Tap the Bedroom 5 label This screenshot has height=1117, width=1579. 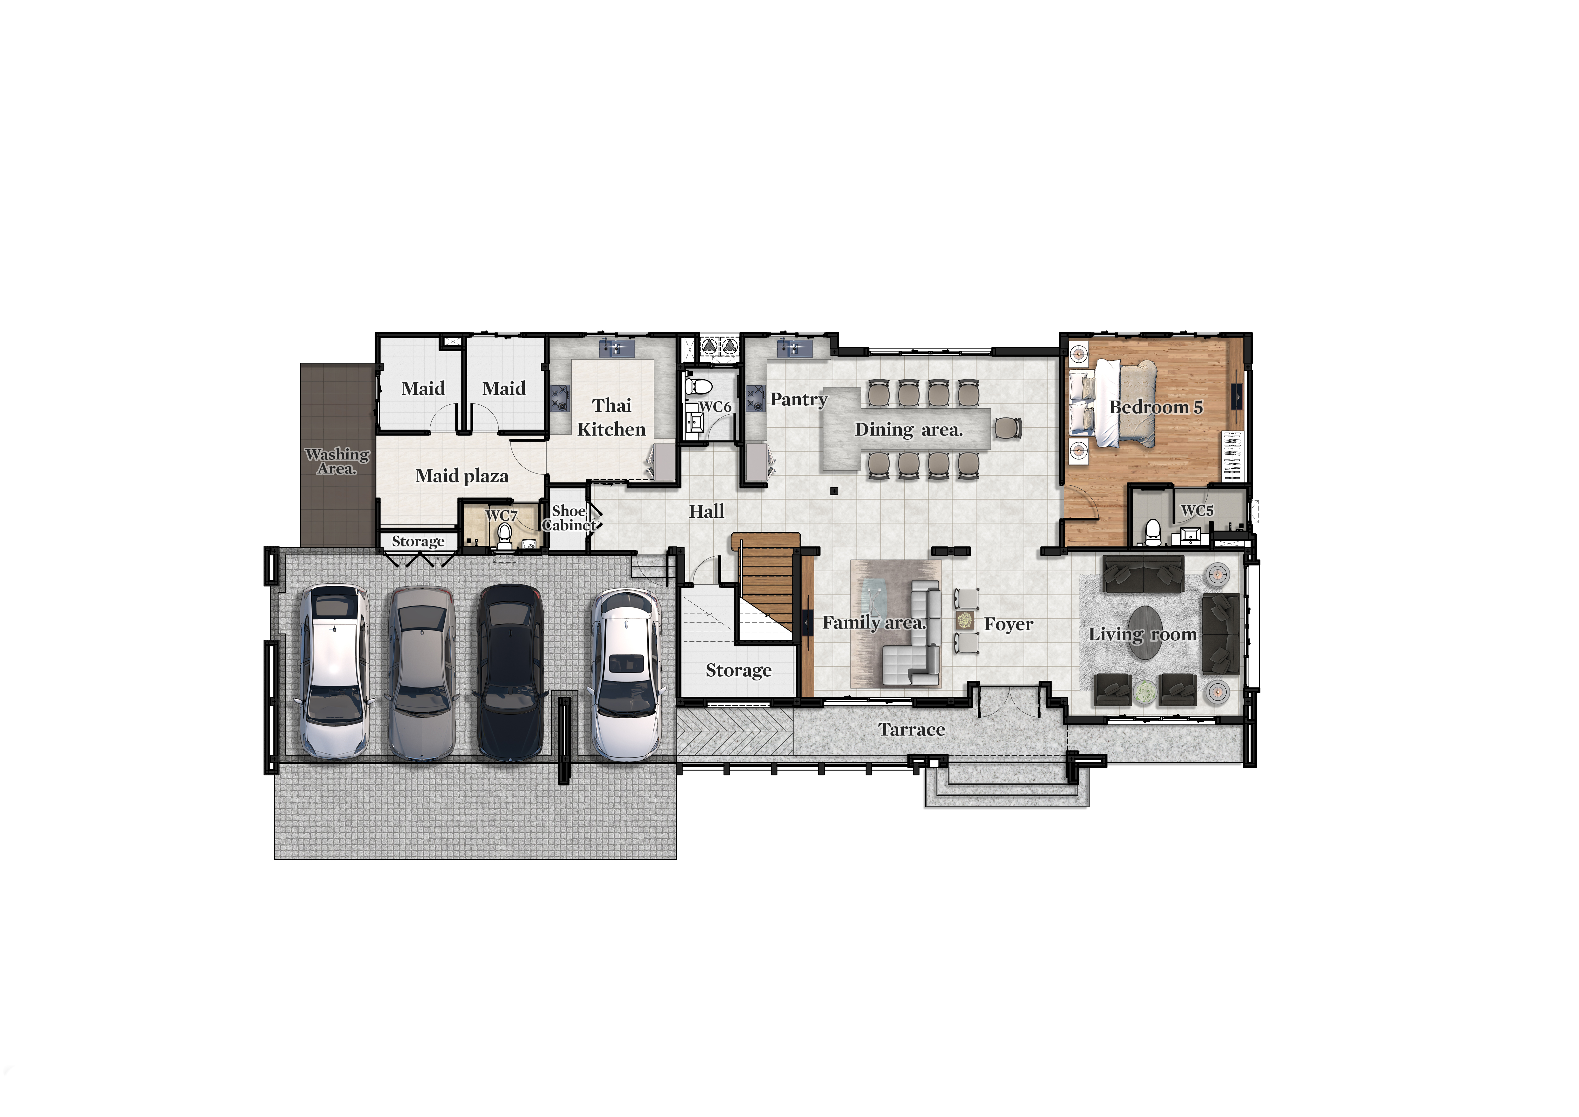tap(1156, 407)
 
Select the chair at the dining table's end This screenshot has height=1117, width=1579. tap(1007, 428)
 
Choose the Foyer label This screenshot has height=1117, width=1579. tap(1008, 624)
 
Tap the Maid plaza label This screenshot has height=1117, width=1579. tap(462, 476)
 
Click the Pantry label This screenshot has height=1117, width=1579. tap(799, 400)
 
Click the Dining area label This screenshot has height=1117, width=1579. tap(908, 430)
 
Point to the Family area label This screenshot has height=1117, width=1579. tap(874, 623)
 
